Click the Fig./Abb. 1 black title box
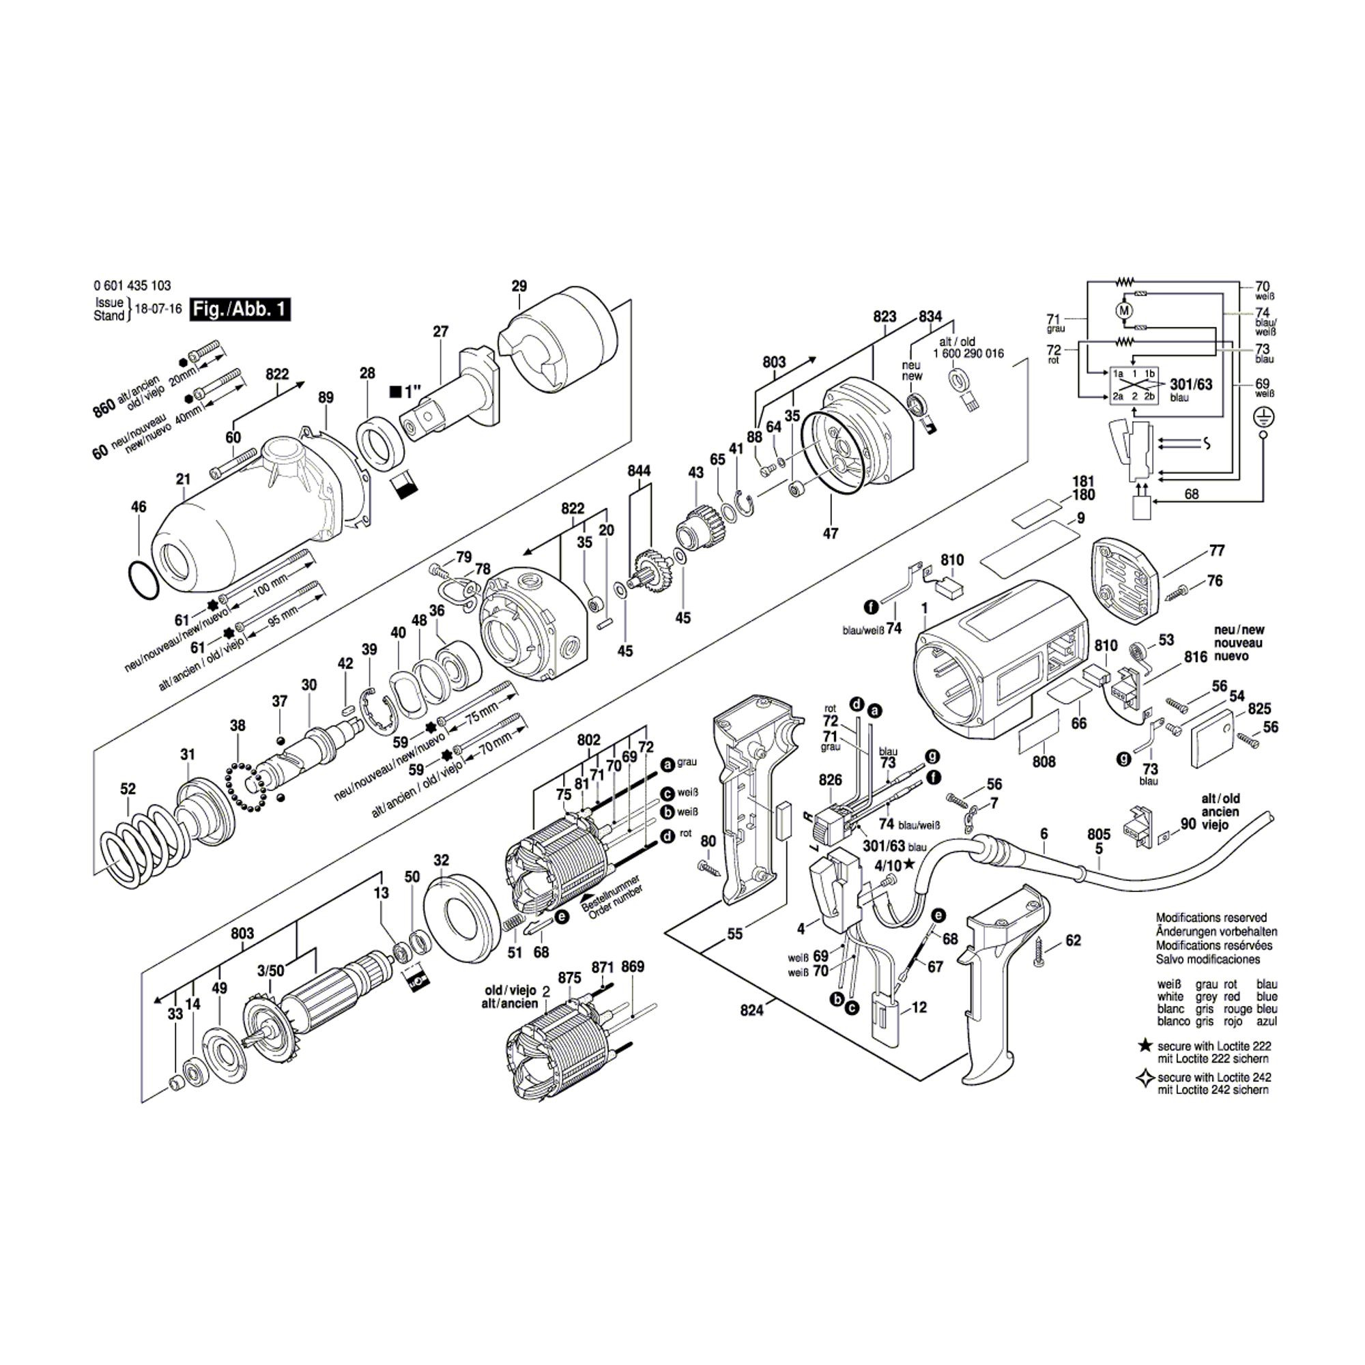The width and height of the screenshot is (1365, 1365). [240, 309]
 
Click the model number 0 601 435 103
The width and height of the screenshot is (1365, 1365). [132, 286]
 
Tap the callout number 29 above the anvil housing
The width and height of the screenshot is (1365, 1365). [519, 286]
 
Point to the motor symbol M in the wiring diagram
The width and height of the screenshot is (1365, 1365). [1123, 310]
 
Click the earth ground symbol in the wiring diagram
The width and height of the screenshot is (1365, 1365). [1264, 418]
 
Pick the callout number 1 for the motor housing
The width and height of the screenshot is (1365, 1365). [924, 608]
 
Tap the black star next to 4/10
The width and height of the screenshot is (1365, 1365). [908, 865]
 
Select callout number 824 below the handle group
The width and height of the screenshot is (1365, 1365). [751, 1011]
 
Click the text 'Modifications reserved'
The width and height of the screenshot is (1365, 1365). [1211, 918]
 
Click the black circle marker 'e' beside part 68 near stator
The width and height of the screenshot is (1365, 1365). [562, 917]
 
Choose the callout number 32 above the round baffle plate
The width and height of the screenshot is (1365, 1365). [441, 860]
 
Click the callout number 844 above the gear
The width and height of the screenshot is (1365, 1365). [639, 470]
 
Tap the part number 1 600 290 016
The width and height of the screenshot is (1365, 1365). [968, 354]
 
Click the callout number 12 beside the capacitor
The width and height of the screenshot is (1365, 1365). [919, 1007]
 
